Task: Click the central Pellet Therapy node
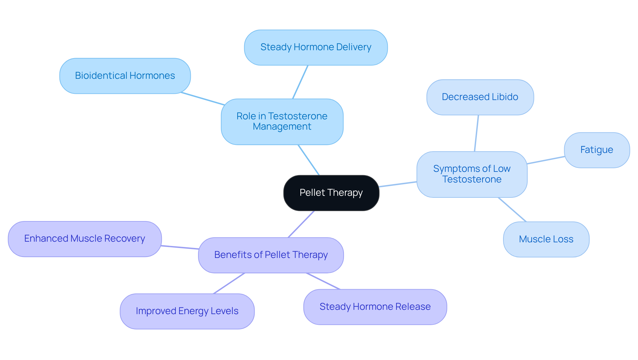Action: coord(331,193)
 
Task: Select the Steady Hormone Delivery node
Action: coord(316,47)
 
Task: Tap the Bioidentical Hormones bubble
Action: coord(125,76)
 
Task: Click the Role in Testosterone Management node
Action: coord(282,121)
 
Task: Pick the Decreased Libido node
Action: coord(480,97)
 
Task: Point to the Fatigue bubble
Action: coord(596,150)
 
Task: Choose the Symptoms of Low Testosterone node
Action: coord(472,174)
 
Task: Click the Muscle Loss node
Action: coord(546,239)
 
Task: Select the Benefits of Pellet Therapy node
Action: coord(271,255)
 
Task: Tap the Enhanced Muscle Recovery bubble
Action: coord(85,239)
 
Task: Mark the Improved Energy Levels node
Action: coord(187,311)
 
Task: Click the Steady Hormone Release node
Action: coord(375,307)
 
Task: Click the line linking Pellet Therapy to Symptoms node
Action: coord(398,184)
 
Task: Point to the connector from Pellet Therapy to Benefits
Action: coord(301,224)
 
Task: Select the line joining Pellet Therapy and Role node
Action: coord(309,160)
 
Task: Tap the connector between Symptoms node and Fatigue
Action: coord(546,160)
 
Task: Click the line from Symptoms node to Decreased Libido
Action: coord(477,133)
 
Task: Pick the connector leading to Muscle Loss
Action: coord(512,209)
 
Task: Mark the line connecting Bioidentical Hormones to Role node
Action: coord(203,99)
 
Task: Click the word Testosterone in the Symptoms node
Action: coord(472,180)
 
